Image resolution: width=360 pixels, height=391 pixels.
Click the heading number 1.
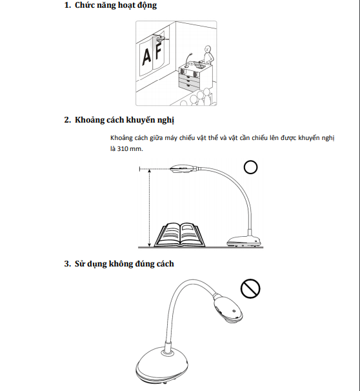pos(68,5)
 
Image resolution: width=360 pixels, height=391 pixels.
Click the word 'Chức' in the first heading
pos(84,5)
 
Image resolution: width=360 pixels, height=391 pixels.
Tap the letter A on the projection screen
pos(146,57)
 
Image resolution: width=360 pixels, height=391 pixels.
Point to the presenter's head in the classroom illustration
pos(207,49)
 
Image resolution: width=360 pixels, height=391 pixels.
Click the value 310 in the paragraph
pos(123,149)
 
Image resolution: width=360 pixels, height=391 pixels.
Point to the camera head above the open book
pos(182,168)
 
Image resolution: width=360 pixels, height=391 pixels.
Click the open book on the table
pos(179,234)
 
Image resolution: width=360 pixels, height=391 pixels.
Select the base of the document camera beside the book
pos(244,241)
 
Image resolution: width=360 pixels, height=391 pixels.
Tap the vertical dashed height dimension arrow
pos(149,208)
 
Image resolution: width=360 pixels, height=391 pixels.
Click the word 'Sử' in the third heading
pos(79,264)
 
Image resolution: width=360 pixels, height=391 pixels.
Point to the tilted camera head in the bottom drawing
pos(228,308)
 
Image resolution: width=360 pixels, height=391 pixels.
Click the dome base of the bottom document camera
pos(162,365)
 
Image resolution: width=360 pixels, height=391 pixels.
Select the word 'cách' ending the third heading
pos(165,264)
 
